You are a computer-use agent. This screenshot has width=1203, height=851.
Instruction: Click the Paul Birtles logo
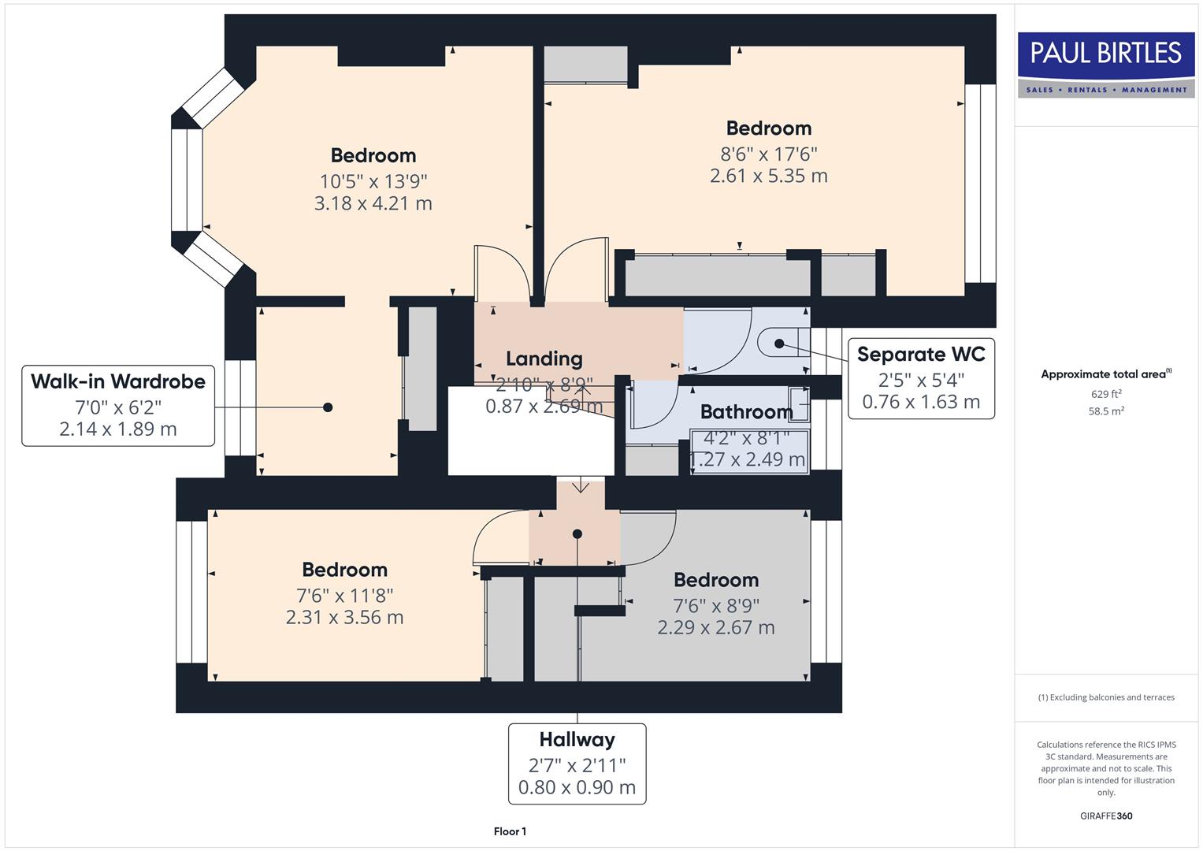1106,65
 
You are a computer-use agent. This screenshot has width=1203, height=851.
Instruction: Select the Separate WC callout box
920,378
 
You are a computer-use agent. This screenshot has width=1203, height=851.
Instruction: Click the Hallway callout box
577,763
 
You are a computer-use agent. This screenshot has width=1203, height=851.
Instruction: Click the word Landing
544,359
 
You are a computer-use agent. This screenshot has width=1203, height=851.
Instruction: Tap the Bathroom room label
746,412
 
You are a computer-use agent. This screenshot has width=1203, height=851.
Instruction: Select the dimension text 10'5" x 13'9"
373,180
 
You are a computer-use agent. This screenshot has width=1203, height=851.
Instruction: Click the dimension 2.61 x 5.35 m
768,176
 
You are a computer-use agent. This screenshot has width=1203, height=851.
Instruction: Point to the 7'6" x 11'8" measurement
344,596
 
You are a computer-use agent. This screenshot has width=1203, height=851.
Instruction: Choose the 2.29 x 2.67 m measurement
715,627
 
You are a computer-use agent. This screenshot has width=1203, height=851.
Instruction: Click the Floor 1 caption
510,831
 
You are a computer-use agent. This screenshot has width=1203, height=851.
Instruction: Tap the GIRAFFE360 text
1105,816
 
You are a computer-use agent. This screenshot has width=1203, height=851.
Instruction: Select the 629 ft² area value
1105,394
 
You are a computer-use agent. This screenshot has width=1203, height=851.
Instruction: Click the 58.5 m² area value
1105,411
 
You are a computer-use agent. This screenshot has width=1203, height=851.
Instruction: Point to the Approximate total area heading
1105,374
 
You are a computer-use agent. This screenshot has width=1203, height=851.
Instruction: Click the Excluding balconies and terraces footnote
1105,697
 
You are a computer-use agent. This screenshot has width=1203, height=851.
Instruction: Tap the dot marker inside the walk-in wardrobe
328,407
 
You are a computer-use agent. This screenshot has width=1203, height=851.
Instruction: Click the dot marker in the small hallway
577,534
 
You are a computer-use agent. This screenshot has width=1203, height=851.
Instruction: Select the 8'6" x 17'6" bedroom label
768,154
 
